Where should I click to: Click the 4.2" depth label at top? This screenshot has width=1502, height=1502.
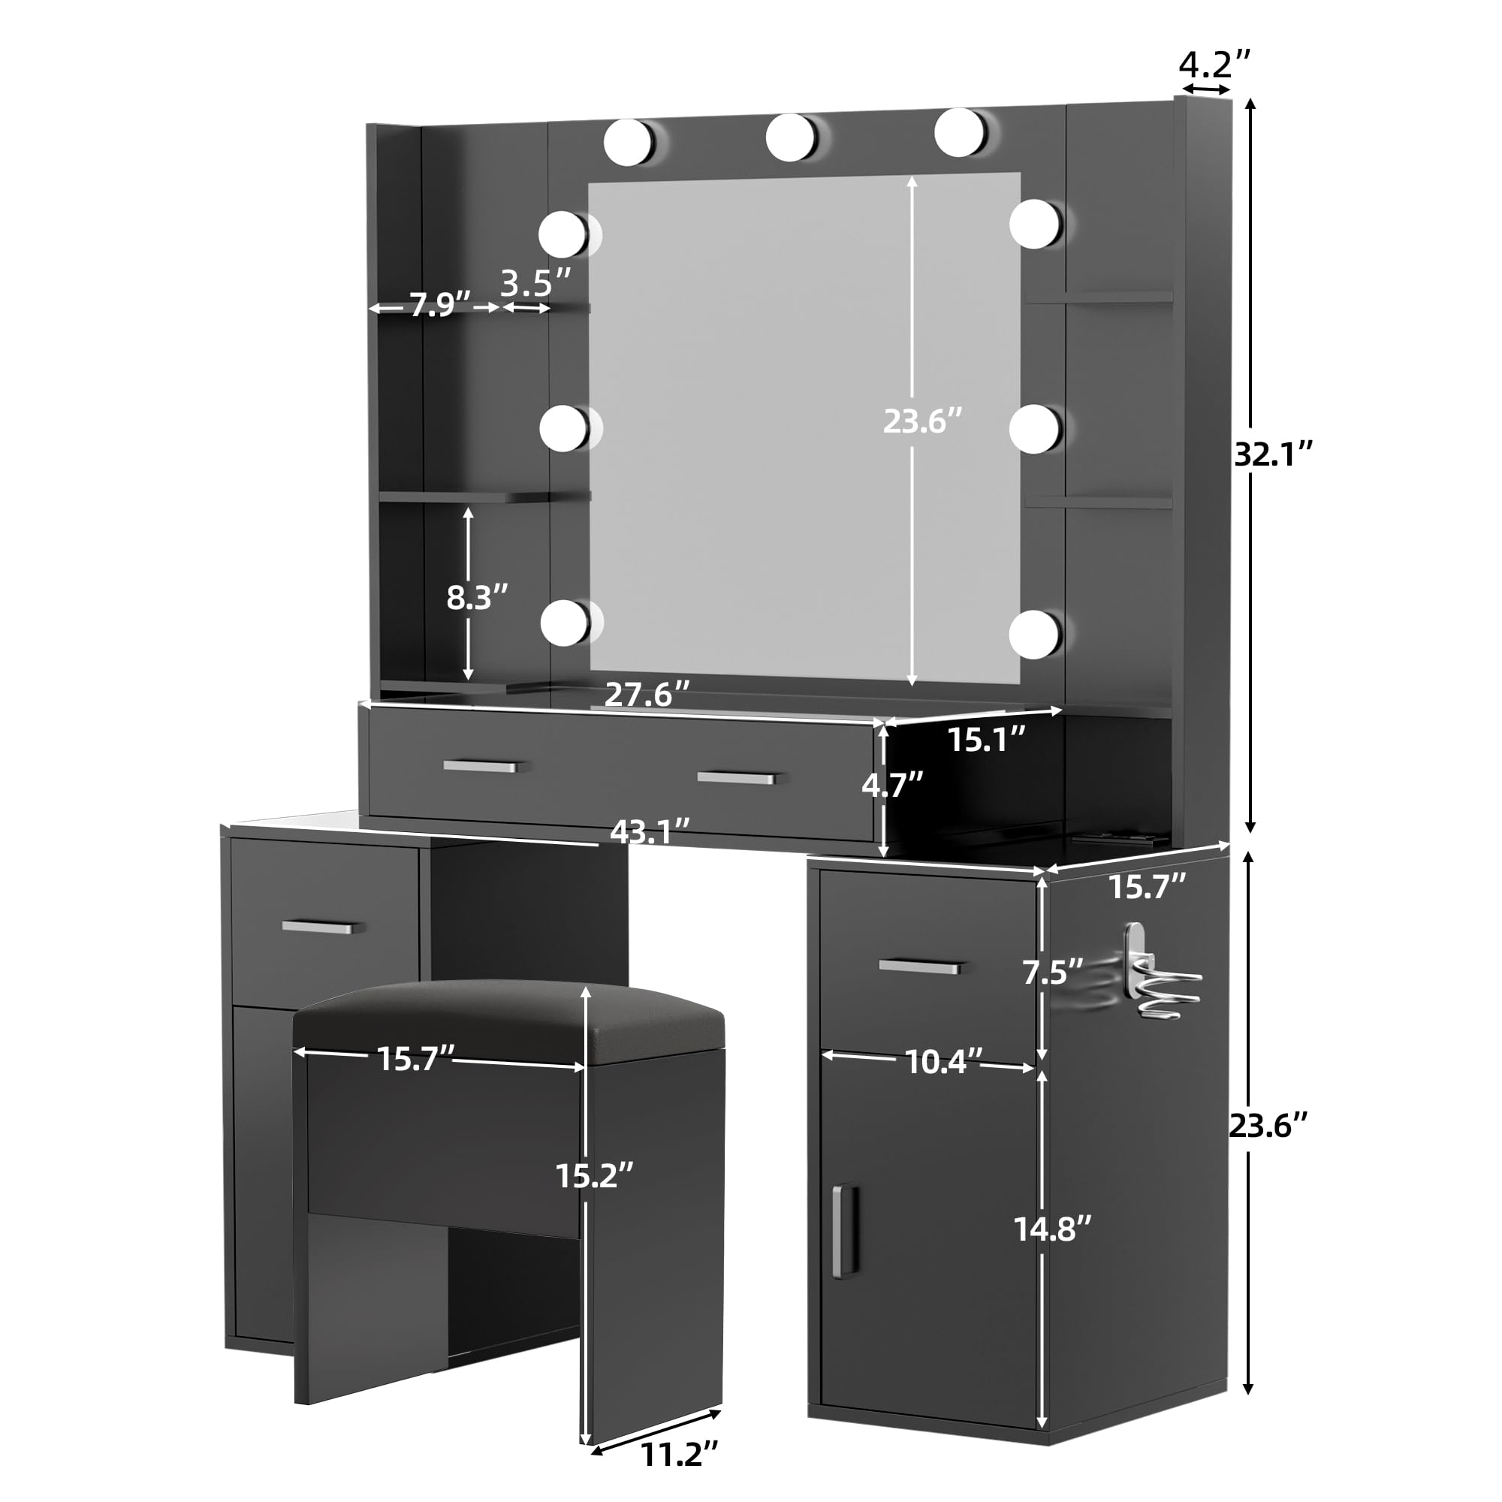point(1215,64)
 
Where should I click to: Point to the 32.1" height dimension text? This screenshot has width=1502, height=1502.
point(1274,454)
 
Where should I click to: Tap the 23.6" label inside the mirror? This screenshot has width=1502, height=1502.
point(923,421)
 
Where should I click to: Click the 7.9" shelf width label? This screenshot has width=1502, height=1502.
point(440,304)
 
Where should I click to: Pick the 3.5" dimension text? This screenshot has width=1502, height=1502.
point(535,283)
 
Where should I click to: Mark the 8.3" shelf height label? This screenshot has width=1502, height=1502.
point(477,597)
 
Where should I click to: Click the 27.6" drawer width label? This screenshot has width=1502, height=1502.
point(647,693)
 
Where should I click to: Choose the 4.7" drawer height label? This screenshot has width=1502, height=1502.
point(892,786)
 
